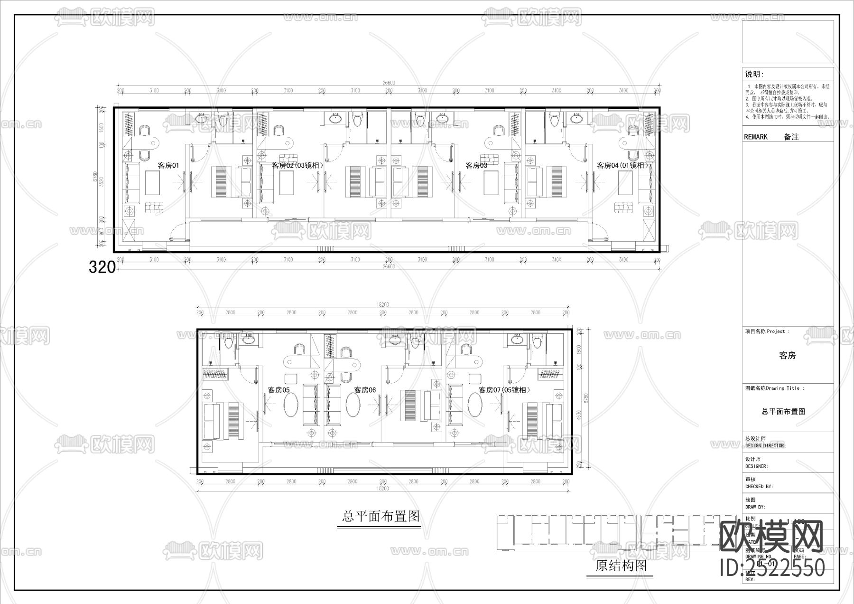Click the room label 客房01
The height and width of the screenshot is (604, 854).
[168, 166]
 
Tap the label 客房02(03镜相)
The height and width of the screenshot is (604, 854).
[297, 166]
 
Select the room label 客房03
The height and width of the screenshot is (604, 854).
[476, 166]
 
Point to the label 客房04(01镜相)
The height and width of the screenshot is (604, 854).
[622, 166]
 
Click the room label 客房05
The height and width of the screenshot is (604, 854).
[278, 390]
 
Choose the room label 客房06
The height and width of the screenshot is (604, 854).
[365, 390]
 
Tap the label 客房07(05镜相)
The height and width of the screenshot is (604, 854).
[504, 390]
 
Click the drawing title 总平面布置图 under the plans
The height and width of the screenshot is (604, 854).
[381, 516]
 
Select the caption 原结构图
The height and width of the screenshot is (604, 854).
[621, 566]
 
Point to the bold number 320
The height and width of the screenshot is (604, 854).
[102, 268]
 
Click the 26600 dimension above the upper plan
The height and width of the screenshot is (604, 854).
[389, 83]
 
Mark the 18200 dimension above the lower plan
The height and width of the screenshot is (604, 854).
[382, 305]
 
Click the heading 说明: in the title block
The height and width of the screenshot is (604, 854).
[754, 75]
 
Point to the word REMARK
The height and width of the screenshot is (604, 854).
[755, 137]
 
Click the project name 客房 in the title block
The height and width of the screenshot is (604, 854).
[787, 356]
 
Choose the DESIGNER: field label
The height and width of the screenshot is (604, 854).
[756, 466]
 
